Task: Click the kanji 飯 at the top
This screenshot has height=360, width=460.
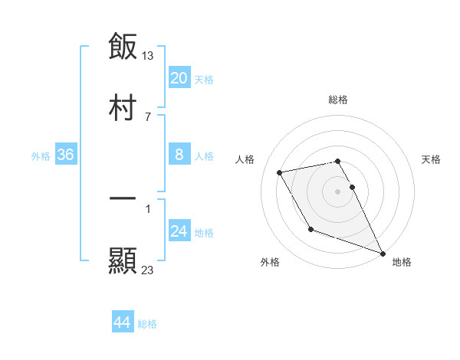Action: pyautogui.click(x=123, y=47)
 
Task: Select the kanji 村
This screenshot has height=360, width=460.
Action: pyautogui.click(x=123, y=108)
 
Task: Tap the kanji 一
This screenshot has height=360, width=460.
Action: pyautogui.click(x=123, y=198)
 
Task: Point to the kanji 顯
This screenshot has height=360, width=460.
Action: pyautogui.click(x=123, y=261)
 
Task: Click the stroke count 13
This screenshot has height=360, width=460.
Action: pyautogui.click(x=149, y=55)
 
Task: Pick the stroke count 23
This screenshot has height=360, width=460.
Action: pyautogui.click(x=148, y=270)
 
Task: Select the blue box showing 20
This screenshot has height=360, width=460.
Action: pyautogui.click(x=179, y=78)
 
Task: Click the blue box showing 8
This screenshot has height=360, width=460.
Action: pyautogui.click(x=179, y=155)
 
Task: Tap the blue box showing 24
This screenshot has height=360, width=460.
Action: pyautogui.click(x=179, y=231)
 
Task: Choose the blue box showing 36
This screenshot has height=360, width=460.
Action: pyautogui.click(x=66, y=155)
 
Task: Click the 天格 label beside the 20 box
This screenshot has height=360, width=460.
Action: pyautogui.click(x=204, y=80)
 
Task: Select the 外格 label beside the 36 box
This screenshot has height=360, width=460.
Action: pyautogui.click(x=41, y=156)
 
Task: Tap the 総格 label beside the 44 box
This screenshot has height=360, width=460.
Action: pyautogui.click(x=147, y=324)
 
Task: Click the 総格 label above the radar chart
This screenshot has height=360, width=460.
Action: pyautogui.click(x=338, y=100)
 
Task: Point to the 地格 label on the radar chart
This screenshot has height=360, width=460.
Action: pyautogui.click(x=402, y=262)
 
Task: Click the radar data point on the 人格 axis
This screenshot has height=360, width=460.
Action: pyautogui.click(x=280, y=173)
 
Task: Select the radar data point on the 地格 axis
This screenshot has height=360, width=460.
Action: pyautogui.click(x=383, y=253)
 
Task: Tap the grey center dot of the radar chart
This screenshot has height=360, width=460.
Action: pyautogui.click(x=338, y=191)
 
